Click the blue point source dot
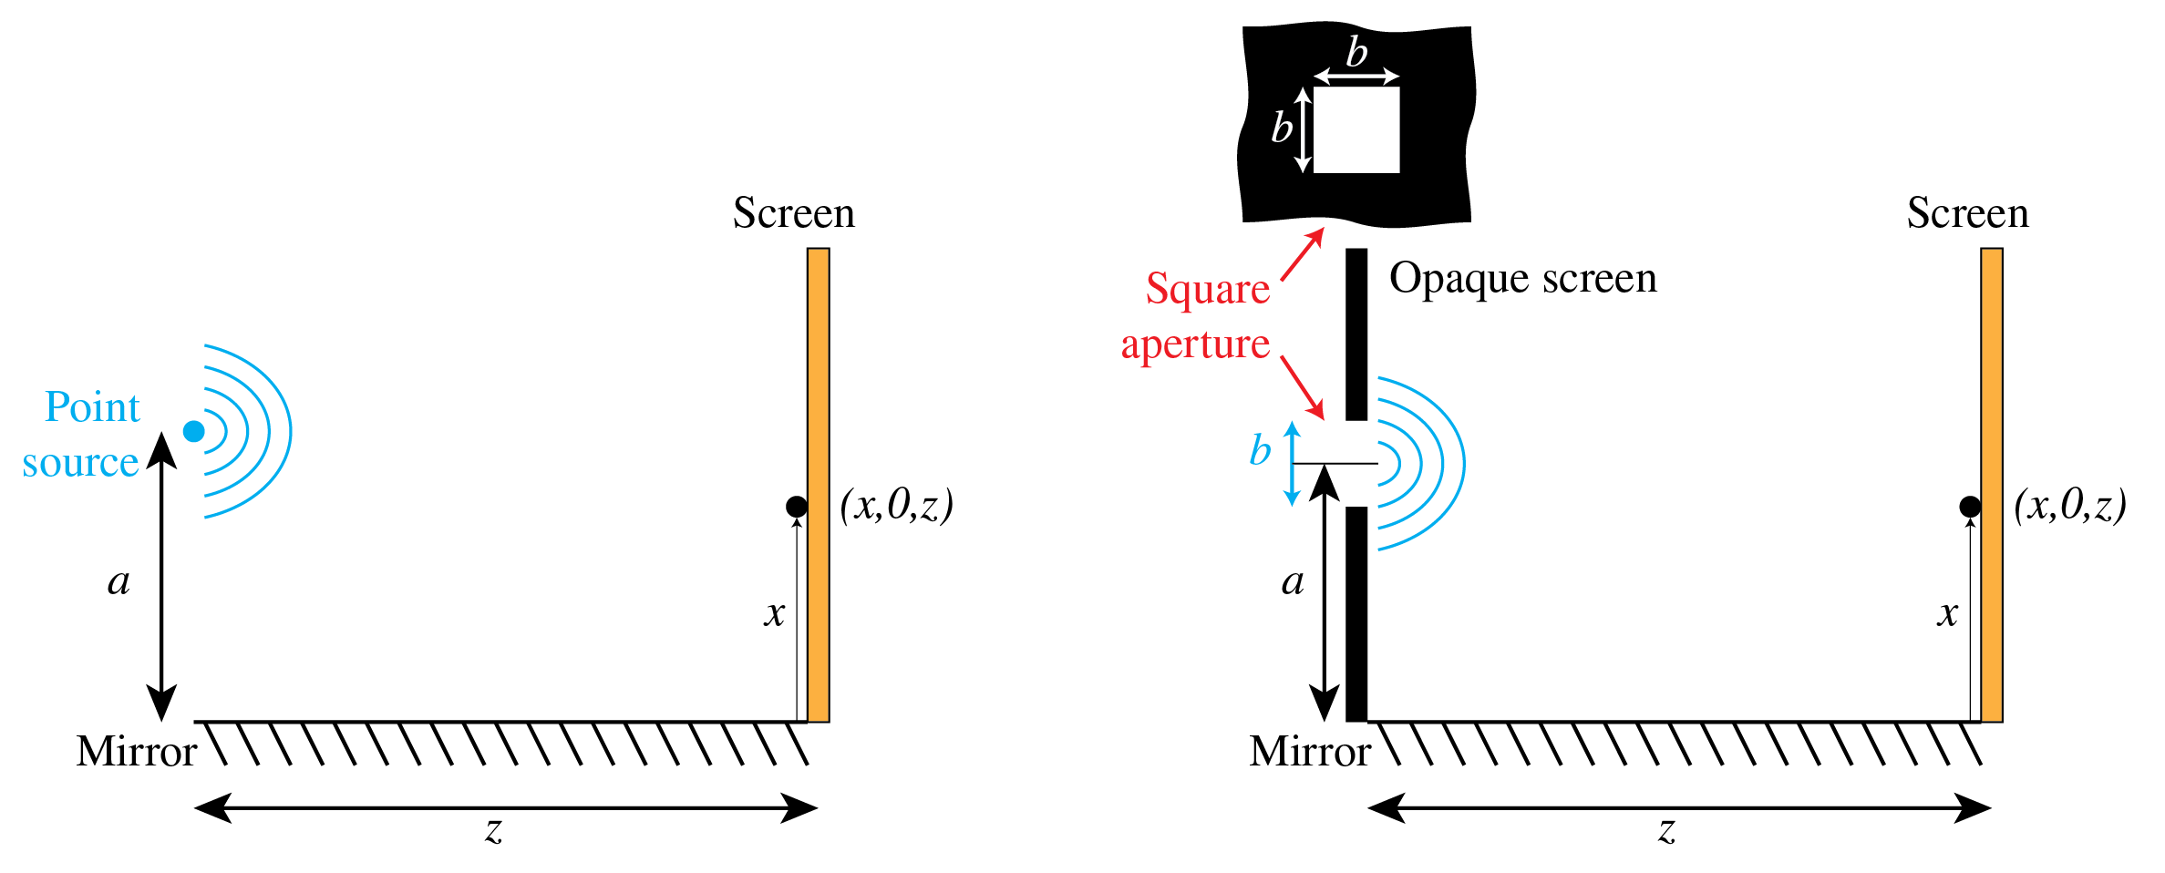click(x=193, y=431)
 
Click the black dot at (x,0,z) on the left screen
click(x=796, y=507)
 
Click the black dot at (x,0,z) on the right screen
click(x=1969, y=507)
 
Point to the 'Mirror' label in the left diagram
click(x=137, y=752)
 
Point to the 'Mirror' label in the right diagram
click(x=1310, y=752)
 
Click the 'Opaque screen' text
click(x=1522, y=279)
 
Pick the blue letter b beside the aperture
click(x=1260, y=450)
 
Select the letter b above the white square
click(x=1356, y=53)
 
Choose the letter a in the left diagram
click(x=119, y=581)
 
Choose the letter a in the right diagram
click(x=1292, y=581)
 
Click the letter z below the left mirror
click(x=493, y=830)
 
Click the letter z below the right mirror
click(x=1666, y=830)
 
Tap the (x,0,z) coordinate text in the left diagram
click(x=896, y=505)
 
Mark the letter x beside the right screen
click(x=1947, y=613)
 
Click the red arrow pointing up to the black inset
click(x=1302, y=254)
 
